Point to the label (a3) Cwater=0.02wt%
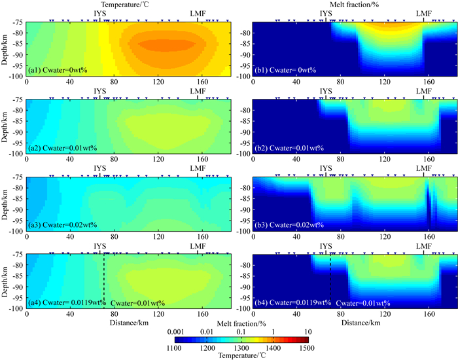click(x=62, y=225)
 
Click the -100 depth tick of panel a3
click(x=14, y=231)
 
